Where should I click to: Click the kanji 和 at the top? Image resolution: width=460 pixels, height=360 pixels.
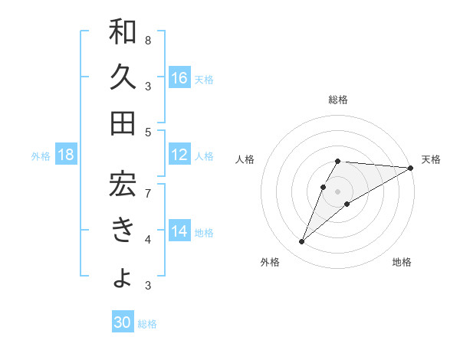(123, 33)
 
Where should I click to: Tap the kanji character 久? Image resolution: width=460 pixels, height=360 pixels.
(123, 77)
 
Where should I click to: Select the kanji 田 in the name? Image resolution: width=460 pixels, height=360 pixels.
(123, 123)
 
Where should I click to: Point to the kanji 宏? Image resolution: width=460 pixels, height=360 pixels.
(123, 184)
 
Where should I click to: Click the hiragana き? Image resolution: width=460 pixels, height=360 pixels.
(123, 230)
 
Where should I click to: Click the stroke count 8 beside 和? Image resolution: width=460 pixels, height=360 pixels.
(148, 40)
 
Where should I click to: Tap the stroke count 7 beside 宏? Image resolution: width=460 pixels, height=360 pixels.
(148, 193)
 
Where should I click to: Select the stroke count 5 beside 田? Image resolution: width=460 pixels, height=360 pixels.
(148, 132)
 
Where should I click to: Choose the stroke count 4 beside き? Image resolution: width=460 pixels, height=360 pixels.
(148, 240)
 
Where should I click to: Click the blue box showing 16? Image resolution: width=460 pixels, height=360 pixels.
(179, 78)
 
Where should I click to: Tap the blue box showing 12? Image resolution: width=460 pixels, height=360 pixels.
(179, 155)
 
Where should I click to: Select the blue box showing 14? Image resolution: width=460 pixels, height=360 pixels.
(179, 232)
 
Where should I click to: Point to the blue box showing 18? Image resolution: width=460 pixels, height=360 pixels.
(66, 155)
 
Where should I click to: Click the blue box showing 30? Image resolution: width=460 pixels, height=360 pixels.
(123, 323)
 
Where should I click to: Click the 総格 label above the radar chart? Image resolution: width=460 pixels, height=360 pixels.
(338, 100)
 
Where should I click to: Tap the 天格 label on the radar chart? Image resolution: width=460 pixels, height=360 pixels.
(431, 159)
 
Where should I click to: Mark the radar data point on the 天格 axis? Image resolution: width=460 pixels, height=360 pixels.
(411, 168)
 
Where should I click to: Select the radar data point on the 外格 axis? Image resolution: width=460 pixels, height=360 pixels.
(302, 242)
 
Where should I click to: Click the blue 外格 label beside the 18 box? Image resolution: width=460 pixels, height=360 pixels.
(41, 156)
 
